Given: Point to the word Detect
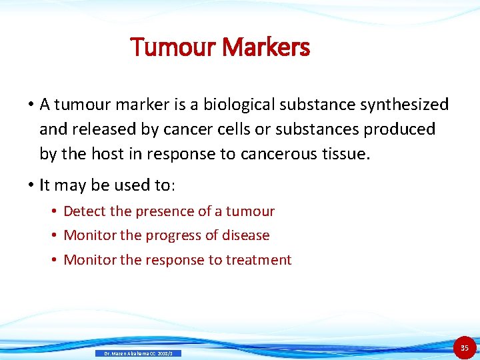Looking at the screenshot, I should (85, 211).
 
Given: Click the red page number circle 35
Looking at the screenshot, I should (465, 348).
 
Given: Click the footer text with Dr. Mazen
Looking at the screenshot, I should (137, 353).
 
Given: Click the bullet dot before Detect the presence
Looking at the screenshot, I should (54, 212).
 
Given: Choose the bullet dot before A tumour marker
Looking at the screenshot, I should (31, 105).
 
